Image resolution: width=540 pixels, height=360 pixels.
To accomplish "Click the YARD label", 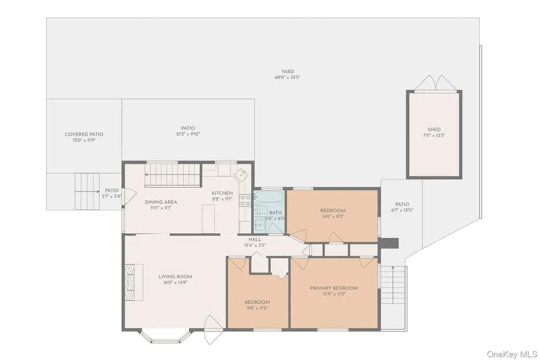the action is click(287, 72).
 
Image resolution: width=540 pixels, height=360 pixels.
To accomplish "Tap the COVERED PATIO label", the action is click(84, 134).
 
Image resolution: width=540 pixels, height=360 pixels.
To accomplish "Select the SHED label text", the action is click(434, 130).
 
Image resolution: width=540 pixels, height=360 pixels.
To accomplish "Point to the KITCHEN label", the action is click(222, 193).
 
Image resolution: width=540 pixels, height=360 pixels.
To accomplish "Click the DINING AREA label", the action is click(161, 202).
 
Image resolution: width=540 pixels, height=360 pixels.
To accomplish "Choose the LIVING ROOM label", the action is click(175, 277).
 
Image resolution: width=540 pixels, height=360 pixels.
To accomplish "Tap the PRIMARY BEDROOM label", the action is click(334, 288).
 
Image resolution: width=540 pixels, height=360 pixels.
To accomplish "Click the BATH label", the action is click(275, 213).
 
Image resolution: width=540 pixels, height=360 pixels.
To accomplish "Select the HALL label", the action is click(255, 239).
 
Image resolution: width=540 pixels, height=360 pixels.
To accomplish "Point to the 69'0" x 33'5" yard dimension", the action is click(287, 77).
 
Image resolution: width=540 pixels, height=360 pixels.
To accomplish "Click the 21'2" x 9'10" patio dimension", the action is click(188, 134).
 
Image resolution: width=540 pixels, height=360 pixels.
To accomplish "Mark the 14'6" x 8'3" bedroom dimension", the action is click(333, 217).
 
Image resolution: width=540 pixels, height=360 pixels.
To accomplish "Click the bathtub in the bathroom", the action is click(269, 197).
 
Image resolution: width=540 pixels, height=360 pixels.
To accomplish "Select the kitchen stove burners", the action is click(245, 200).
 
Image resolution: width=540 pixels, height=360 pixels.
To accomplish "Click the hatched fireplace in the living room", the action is click(130, 282).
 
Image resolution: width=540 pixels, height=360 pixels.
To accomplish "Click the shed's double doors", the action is click(434, 83).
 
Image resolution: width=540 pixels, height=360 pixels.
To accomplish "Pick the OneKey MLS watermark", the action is click(512, 354).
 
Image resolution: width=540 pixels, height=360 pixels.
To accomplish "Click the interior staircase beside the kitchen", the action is click(172, 175).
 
